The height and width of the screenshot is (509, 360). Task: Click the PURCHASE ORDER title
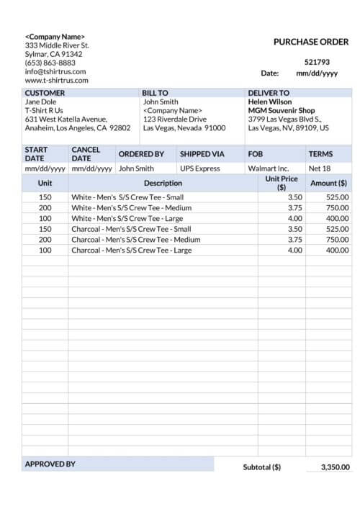click(311, 42)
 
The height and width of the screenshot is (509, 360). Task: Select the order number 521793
click(317, 62)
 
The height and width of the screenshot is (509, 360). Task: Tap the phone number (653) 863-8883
click(50, 63)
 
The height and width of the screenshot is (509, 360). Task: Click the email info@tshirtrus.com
click(55, 71)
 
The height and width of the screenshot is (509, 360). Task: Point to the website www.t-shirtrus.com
click(57, 80)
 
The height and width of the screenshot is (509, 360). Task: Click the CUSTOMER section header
click(45, 93)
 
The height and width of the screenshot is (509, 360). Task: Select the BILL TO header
click(156, 93)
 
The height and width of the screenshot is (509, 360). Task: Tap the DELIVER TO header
click(269, 93)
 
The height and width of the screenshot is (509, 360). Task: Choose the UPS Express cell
click(200, 168)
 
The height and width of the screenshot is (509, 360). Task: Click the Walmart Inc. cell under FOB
click(268, 168)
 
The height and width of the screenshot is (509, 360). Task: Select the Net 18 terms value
click(320, 168)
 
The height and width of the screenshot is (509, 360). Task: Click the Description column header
click(163, 184)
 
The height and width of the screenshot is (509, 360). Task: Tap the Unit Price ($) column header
click(282, 183)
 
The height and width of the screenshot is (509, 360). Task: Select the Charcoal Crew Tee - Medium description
click(135, 240)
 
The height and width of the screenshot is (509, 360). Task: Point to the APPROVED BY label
click(50, 464)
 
